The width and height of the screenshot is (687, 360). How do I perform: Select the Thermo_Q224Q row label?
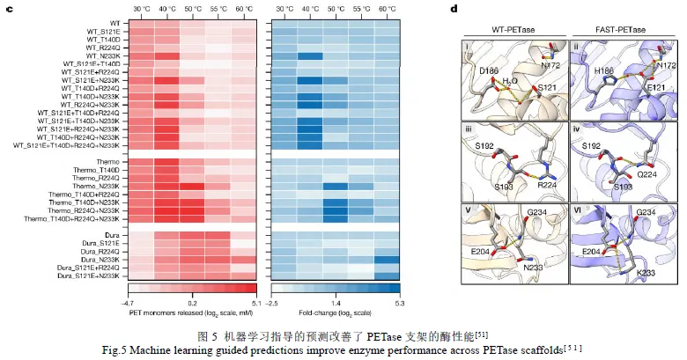pos(101,178)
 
